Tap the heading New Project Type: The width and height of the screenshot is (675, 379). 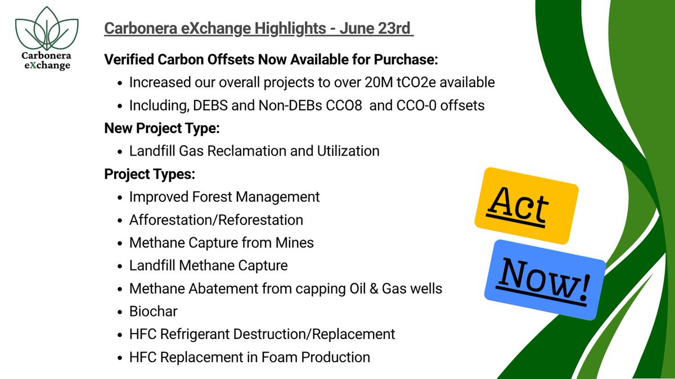pos(162,128)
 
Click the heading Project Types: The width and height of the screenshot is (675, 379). pos(150,174)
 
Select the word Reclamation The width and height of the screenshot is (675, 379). pos(246,151)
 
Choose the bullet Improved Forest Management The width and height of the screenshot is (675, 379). pos(224,197)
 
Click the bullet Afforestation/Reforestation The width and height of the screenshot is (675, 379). pos(216,220)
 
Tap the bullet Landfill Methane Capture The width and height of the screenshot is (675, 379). pos(208,265)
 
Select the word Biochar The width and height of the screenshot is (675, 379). pos(153,312)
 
